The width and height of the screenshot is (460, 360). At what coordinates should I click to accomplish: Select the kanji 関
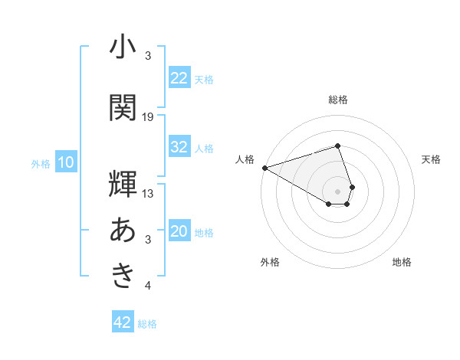[123, 107]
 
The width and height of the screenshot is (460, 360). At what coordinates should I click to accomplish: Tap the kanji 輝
[123, 184]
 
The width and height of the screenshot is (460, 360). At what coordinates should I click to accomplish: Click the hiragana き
[123, 276]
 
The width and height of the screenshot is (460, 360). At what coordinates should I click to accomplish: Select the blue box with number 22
[179, 78]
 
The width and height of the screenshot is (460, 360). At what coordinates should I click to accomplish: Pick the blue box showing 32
[179, 147]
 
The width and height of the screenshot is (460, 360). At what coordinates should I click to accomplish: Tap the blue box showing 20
[179, 231]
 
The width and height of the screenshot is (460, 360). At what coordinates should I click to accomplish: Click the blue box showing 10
[65, 162]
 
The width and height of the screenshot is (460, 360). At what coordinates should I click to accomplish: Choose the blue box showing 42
[123, 322]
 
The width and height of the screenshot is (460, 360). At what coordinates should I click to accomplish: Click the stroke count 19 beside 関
[148, 116]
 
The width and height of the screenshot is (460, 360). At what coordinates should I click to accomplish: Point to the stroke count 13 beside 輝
[148, 193]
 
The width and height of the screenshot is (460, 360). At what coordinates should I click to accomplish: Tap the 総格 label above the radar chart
[338, 100]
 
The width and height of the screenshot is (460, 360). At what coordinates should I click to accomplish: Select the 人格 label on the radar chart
[245, 159]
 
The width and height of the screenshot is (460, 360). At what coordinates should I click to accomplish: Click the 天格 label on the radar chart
[432, 159]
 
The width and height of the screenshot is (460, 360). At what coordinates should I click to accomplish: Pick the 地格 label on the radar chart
[402, 262]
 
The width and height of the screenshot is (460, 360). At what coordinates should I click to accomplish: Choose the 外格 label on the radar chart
[270, 262]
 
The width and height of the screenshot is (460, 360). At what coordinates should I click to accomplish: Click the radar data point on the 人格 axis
[264, 168]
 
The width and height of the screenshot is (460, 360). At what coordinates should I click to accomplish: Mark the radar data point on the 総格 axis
[338, 146]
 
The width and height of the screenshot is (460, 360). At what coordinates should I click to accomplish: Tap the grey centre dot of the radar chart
[338, 190]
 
